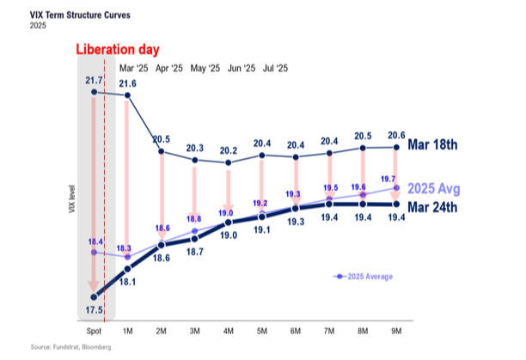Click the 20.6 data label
(394, 135)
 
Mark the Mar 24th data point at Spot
(94, 296)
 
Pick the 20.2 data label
(228, 149)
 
